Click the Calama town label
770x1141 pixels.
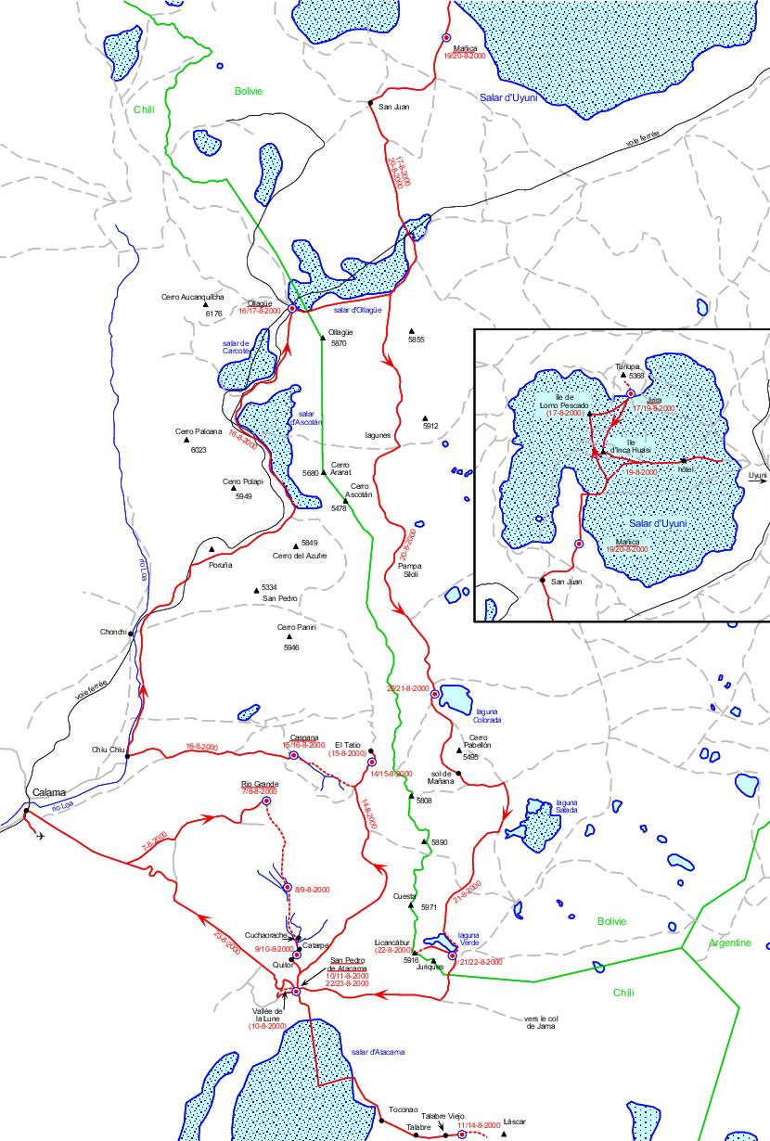pos(49,792)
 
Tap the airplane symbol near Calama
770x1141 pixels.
pos(39,836)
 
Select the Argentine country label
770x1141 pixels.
pos(729,942)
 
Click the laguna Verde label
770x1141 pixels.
pos(469,939)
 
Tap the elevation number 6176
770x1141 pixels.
pos(213,314)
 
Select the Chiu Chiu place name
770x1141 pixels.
pos(108,750)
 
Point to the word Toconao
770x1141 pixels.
pos(404,1109)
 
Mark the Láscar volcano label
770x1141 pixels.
pos(514,1121)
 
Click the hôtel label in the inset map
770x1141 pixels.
pos(686,470)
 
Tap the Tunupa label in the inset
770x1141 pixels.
pos(628,366)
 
